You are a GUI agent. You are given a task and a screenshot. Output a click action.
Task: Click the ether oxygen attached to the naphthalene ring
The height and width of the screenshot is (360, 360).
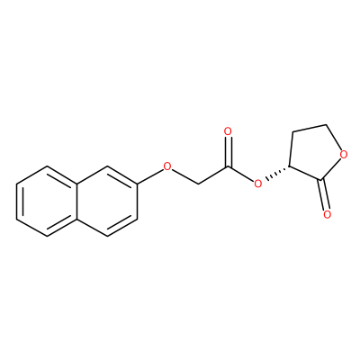[x=167, y=166]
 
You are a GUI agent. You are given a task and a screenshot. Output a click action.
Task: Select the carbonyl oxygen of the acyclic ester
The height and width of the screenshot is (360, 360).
[x=229, y=131]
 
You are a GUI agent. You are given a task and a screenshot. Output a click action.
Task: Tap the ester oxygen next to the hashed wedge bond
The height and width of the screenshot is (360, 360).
[x=257, y=183]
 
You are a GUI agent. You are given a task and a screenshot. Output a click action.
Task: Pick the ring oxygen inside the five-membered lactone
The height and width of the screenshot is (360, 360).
[x=344, y=155]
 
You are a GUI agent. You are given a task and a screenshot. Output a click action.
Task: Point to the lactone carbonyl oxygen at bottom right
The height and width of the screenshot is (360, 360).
[x=328, y=214]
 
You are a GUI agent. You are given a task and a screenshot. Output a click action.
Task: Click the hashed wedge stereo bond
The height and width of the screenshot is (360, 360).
[x=276, y=172]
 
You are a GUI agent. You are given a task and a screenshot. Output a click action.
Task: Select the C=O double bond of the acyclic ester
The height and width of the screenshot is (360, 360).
[x=229, y=151]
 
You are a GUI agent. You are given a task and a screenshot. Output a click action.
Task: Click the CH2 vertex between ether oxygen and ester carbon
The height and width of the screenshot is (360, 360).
[x=198, y=184]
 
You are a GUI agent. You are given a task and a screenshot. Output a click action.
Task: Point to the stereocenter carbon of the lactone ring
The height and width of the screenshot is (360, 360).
[x=289, y=166]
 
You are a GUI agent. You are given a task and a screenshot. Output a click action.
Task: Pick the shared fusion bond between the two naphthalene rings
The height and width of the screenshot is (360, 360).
[x=77, y=201]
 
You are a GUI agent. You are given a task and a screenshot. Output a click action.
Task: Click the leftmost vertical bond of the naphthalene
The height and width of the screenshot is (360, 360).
[x=17, y=201]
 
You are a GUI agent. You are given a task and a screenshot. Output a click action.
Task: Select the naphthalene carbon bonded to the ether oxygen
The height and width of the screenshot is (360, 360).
[x=138, y=184]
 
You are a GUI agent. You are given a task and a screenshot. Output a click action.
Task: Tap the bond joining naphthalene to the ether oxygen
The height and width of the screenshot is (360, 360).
[x=150, y=175]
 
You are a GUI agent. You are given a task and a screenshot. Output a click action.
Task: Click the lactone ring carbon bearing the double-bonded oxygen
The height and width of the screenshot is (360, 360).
[x=321, y=180]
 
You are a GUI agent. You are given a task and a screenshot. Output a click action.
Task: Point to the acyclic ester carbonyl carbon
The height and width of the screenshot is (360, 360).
[x=229, y=166]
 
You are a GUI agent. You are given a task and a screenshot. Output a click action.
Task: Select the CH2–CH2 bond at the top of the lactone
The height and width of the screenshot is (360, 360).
[x=310, y=128]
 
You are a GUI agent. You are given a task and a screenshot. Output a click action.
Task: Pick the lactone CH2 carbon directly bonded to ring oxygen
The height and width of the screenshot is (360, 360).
[x=327, y=124]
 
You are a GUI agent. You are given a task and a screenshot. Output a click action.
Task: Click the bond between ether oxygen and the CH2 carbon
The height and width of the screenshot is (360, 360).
[x=184, y=175]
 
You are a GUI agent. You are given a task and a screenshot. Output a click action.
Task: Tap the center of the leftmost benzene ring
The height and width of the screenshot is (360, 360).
[x=47, y=201]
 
